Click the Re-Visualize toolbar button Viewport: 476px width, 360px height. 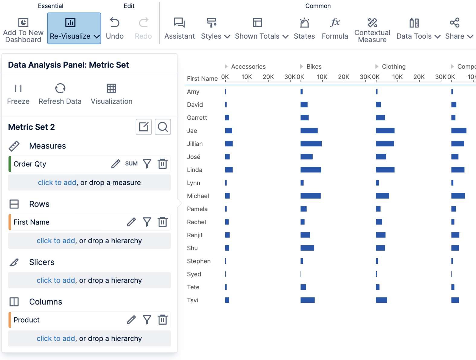[74, 28]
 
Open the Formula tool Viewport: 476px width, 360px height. [335, 28]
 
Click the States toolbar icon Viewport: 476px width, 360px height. [304, 28]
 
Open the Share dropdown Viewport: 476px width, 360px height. [458, 28]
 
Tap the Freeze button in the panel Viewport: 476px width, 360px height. [18, 94]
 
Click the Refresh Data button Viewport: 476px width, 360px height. [60, 94]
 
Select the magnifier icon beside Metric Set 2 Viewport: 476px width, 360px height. [163, 127]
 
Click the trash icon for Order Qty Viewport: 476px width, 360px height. [162, 164]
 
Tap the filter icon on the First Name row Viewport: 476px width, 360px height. [147, 222]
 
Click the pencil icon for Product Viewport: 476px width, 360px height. [131, 320]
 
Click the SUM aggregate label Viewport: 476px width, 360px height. [131, 164]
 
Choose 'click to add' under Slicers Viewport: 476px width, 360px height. [56, 280]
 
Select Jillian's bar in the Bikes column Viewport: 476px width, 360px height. [311, 144]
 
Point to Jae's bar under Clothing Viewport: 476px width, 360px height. [385, 131]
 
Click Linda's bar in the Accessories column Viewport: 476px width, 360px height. [229, 170]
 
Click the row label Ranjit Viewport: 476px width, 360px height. [195, 235]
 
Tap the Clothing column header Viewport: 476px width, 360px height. [394, 66]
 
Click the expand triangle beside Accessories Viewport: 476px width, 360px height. [226, 66]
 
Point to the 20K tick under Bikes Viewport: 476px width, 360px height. [344, 77]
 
